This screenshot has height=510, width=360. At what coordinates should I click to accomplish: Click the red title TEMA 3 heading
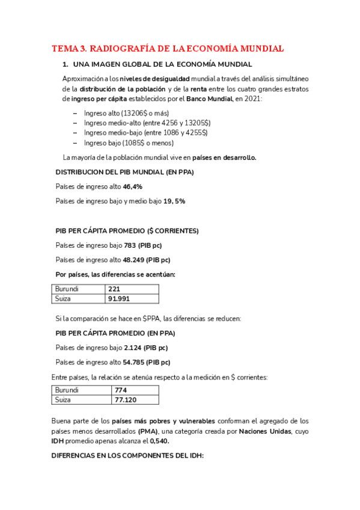[168, 49]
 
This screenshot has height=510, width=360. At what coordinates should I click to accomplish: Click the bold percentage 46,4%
[132, 187]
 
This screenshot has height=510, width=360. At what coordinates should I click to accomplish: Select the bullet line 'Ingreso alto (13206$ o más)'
[126, 113]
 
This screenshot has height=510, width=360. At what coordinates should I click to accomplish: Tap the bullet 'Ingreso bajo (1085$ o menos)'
[129, 143]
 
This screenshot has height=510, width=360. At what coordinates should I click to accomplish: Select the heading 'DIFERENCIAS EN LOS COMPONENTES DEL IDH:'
[127, 456]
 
